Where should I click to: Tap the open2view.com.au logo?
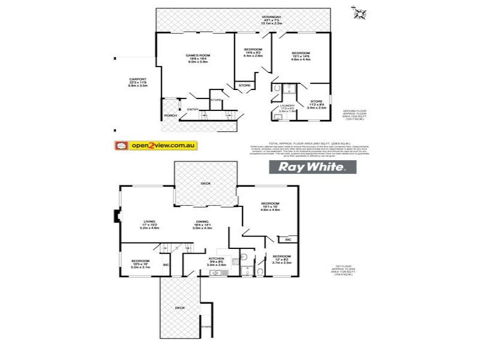(153, 145)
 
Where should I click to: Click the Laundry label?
(286, 106)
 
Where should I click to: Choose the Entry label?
(193, 109)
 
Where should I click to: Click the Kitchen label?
(216, 259)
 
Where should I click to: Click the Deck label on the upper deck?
(205, 184)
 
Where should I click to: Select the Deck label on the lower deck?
(180, 307)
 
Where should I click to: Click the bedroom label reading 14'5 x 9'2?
(253, 49)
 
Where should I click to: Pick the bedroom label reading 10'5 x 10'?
(139, 260)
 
